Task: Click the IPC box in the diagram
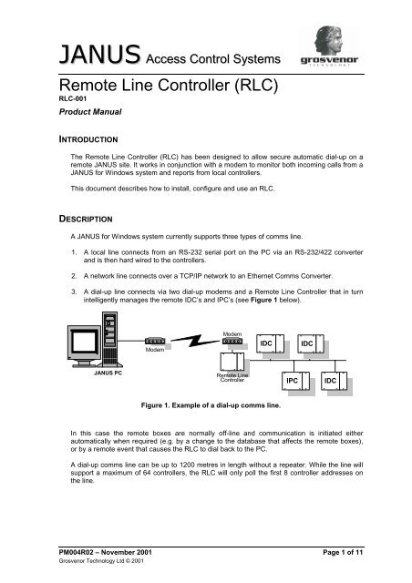(x=294, y=405)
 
